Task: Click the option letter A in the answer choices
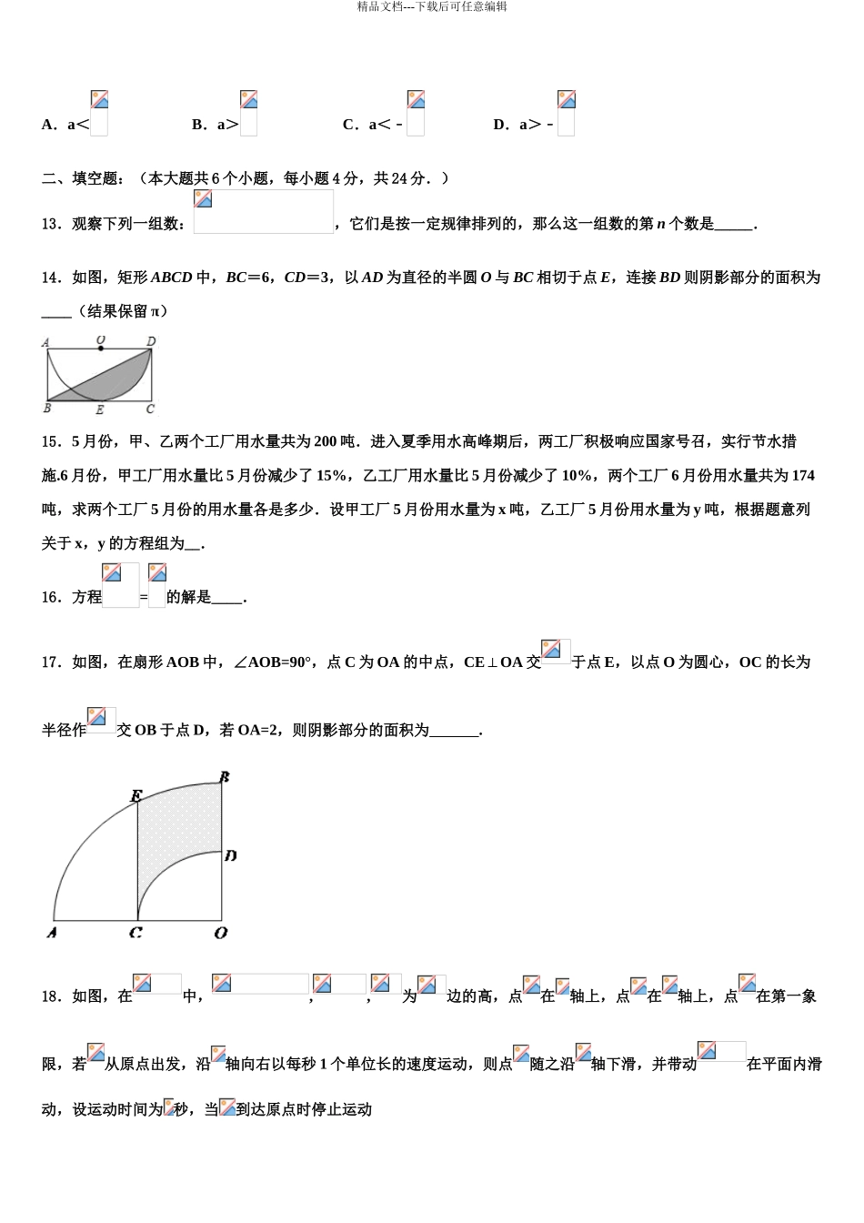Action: point(47,125)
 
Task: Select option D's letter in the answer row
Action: point(499,125)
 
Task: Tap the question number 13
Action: point(50,224)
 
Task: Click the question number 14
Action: point(50,278)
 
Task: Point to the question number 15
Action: point(50,441)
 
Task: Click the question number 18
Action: point(50,996)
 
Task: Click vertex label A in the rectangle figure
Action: point(45,343)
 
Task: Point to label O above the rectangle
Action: point(100,339)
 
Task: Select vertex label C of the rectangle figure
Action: point(150,409)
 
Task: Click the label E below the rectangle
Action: point(100,409)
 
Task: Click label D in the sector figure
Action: point(231,855)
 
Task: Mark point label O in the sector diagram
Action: point(220,933)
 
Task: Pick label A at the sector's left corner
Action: point(52,933)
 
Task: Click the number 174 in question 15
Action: point(802,476)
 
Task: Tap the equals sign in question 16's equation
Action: point(144,598)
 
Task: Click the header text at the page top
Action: point(432,7)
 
